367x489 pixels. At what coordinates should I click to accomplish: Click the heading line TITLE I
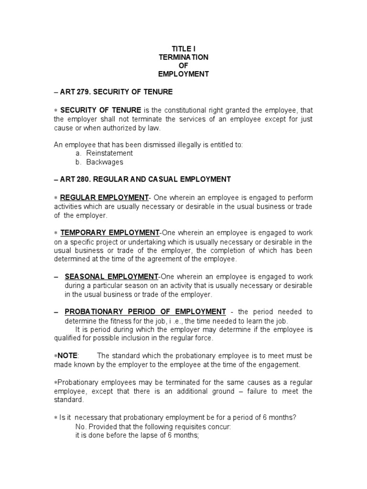click(183, 48)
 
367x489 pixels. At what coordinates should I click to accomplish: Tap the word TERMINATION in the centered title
click(183, 57)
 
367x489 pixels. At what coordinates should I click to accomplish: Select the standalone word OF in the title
click(183, 65)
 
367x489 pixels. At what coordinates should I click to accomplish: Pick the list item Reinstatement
click(109, 153)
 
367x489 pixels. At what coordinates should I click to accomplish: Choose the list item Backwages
click(105, 162)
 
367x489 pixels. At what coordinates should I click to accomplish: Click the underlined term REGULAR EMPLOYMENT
click(105, 198)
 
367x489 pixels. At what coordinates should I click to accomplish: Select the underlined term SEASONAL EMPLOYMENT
click(111, 276)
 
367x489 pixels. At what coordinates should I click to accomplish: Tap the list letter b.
click(78, 162)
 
